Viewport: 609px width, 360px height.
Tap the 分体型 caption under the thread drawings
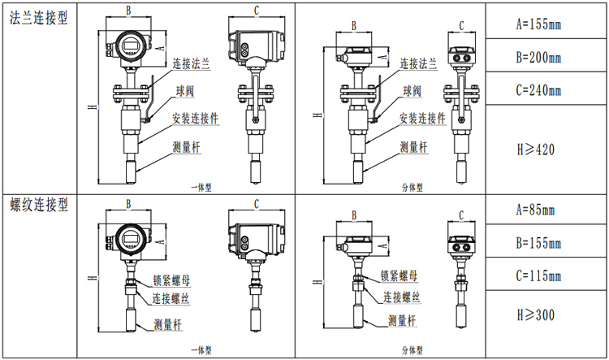tap(413, 349)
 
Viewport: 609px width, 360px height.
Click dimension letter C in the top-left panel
tap(257, 10)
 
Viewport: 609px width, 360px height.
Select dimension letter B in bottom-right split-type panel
tap(354, 215)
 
